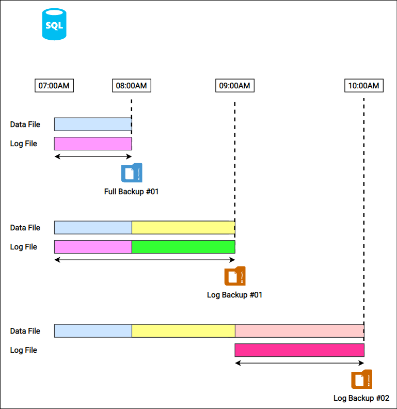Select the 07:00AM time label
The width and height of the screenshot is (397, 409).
pos(54,86)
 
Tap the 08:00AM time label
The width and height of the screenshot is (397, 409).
pos(132,86)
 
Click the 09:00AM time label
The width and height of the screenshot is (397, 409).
pos(234,86)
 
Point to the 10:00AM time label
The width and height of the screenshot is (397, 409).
pos(363,86)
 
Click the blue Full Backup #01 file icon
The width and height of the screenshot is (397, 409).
pos(132,173)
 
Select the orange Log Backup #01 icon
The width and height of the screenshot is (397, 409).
pos(235,276)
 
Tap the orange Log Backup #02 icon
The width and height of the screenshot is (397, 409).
pos(362,380)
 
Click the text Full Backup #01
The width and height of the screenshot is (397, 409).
pos(132,192)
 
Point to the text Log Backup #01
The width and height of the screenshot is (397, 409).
pos(235,295)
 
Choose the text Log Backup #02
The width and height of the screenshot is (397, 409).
pos(361,398)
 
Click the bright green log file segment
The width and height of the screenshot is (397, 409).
pos(183,247)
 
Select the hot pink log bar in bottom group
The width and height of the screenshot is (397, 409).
pos(299,350)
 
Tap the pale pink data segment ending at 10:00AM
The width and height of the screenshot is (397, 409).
pos(299,331)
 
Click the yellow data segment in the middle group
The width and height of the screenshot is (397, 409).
pos(183,227)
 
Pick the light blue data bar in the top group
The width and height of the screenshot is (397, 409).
pos(93,124)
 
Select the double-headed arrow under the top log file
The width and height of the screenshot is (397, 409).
pos(93,156)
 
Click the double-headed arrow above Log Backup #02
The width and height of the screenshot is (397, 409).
pos(299,363)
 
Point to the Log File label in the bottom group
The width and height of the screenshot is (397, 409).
pos(24,350)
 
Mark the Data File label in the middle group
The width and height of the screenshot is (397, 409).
pos(25,227)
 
